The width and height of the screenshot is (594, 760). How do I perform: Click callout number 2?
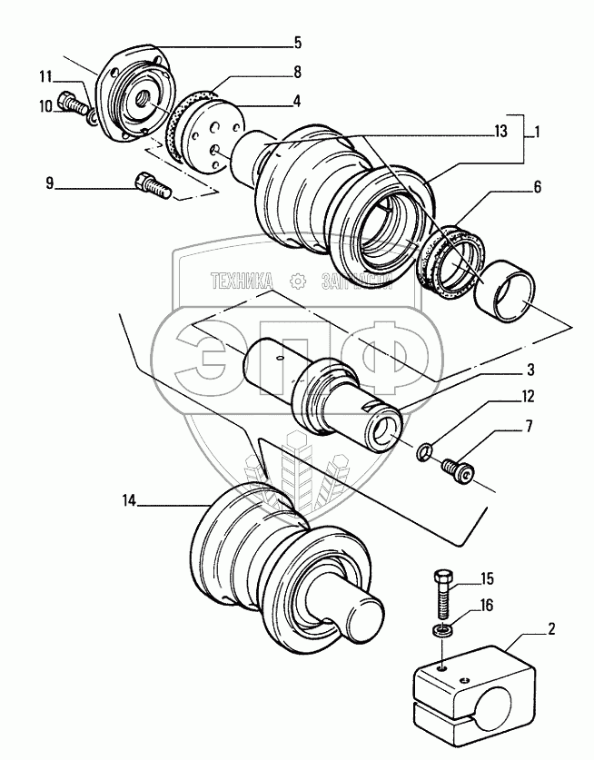tap(551, 628)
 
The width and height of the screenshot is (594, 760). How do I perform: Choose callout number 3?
tap(530, 370)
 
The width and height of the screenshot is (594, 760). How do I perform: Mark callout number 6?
tap(538, 188)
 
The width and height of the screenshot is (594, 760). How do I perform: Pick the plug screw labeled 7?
tap(458, 469)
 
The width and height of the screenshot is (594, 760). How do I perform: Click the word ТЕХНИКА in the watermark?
tap(242, 281)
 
